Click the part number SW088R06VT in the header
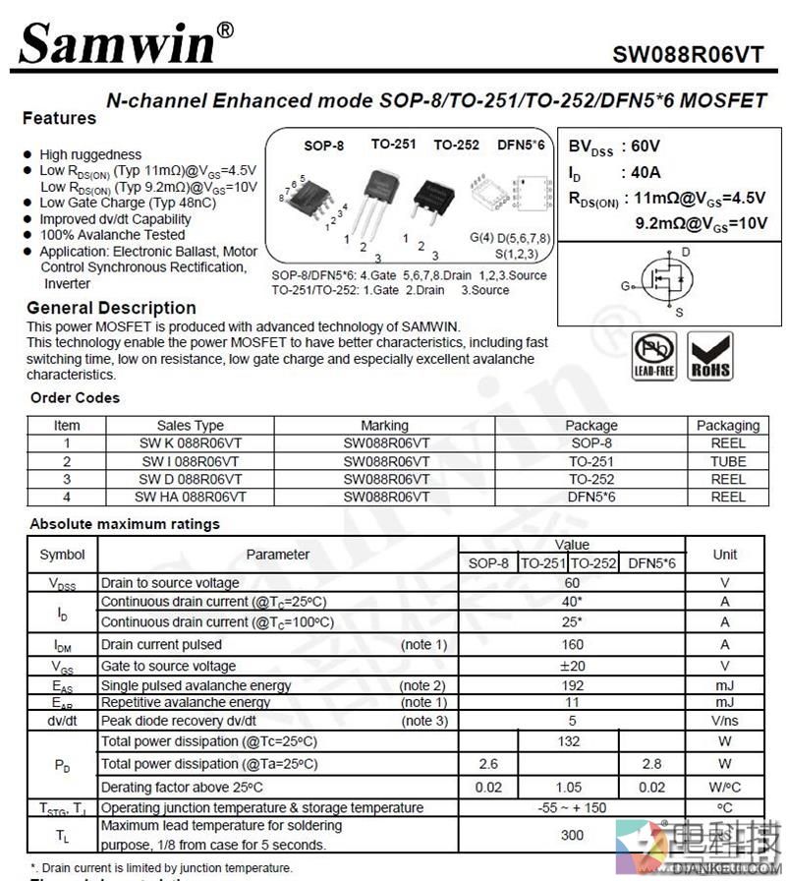pos(687,55)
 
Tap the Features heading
pos(59,119)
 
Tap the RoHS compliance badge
pos(709,356)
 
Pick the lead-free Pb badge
pos(654,356)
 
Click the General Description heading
pos(111,308)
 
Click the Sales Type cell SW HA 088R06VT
pos(191,497)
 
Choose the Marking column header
pos(384,426)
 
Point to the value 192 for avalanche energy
pos(572,685)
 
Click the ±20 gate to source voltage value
pos(572,666)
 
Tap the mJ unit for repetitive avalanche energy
pos(724,702)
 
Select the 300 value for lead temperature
pos(572,835)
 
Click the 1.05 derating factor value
pos(569,788)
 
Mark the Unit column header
pos(724,555)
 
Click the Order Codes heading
pos(75,398)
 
